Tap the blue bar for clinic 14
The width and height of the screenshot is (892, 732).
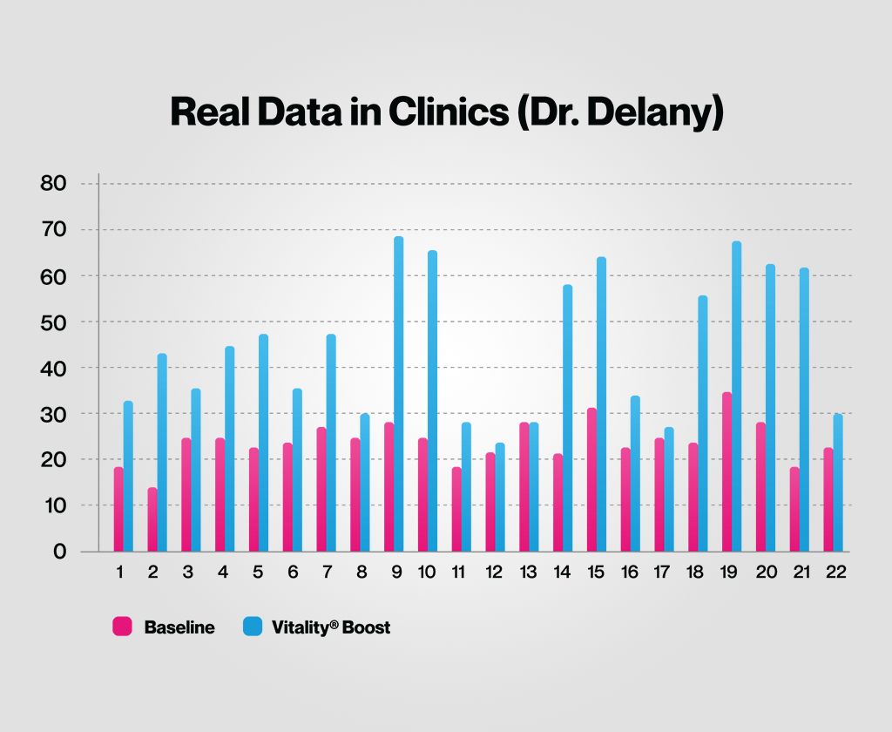[568, 418]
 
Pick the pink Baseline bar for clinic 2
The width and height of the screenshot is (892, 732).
[152, 519]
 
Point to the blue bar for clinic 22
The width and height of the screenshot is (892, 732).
[838, 483]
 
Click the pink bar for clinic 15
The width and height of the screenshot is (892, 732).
[592, 479]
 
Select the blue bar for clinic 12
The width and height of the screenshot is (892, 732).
[500, 498]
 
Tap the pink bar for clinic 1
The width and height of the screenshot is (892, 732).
[118, 510]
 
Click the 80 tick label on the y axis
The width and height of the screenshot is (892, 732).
[54, 184]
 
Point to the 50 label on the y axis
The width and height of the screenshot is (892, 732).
[54, 322]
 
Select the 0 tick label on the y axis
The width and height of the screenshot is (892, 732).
[60, 552]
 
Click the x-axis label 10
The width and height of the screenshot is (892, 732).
[428, 573]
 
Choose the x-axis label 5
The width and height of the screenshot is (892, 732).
[258, 573]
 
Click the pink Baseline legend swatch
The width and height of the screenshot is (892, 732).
[122, 627]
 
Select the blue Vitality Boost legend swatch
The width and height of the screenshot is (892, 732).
[253, 627]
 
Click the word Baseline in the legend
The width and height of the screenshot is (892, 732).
[179, 627]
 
